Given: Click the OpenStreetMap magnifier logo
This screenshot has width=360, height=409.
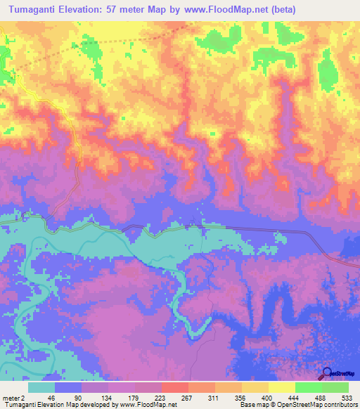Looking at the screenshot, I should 328,373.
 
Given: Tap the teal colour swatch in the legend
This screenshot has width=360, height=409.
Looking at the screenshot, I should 42,387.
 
